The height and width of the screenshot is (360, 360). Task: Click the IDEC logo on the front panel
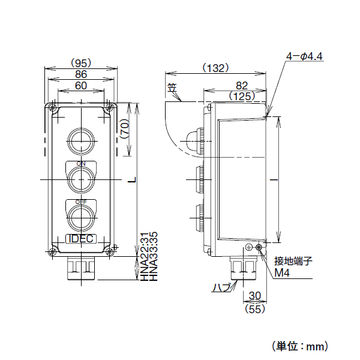pos(80,238)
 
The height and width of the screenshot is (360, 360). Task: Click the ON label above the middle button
pos(80,163)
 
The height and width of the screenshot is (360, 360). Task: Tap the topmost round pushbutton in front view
pos(80,140)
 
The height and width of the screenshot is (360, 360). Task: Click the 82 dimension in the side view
pos(242,86)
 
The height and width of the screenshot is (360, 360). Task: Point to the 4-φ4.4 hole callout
pos(305,56)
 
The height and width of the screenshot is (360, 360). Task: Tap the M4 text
pos(282,273)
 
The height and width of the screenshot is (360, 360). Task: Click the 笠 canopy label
pos(173,88)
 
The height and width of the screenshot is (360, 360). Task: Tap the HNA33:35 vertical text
pos(154,257)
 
